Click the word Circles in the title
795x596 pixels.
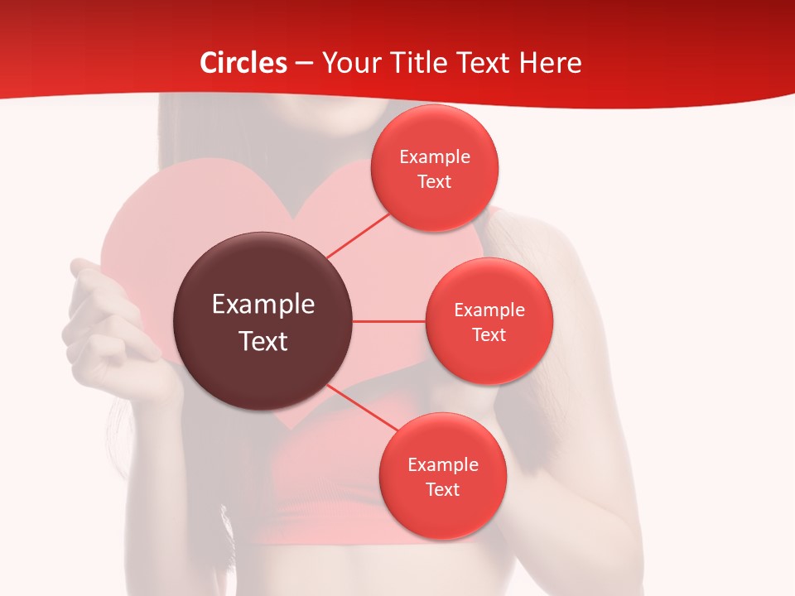pyautogui.click(x=243, y=63)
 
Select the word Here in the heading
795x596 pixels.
pyautogui.click(x=550, y=63)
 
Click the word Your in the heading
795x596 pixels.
pyautogui.click(x=350, y=63)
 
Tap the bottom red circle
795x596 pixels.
pyautogui.click(x=442, y=517)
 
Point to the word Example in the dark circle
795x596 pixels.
pyautogui.click(x=263, y=305)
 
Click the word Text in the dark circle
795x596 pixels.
pyautogui.click(x=263, y=341)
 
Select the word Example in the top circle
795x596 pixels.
pyautogui.click(x=434, y=157)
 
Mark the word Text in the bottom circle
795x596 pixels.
pyautogui.click(x=442, y=489)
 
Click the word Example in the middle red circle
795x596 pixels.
pyautogui.click(x=489, y=310)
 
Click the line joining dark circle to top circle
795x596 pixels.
pyautogui.click(x=358, y=235)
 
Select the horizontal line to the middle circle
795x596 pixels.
pyautogui.click(x=389, y=321)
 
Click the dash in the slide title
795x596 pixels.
pyautogui.click(x=304, y=63)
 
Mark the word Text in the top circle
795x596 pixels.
pyautogui.click(x=434, y=182)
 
